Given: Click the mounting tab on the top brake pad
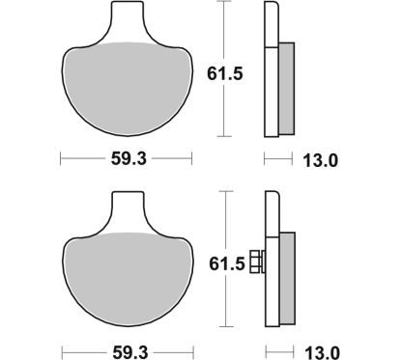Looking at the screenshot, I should pos(126,23).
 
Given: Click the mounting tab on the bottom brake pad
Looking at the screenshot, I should pos(126,211).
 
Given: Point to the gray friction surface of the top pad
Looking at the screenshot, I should pos(126,87).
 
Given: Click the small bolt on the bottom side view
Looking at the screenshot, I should pos(256,261).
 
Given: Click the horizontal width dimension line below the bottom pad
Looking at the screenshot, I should pos(82,348).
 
